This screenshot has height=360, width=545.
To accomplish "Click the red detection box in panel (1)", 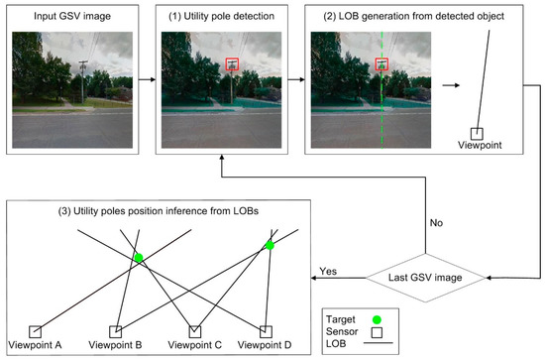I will (232, 65).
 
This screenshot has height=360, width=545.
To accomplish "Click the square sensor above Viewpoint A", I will (36, 330).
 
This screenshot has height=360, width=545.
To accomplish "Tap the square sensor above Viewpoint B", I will (115, 330).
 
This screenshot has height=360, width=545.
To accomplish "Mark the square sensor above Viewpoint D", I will (265, 330).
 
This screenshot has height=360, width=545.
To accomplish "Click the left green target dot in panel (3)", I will (139, 258).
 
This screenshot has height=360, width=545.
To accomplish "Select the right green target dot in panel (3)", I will (269, 243).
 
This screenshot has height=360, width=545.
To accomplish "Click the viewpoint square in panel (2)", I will (476, 133).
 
